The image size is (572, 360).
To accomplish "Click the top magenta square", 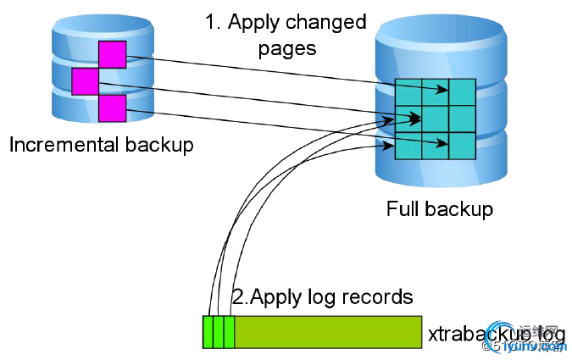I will point(112,54).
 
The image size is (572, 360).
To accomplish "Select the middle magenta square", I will point(85,81).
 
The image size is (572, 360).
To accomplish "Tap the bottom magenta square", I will point(112,108).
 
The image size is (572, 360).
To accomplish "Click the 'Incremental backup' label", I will point(101,145).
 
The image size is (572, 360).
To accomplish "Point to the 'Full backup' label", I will point(439,208).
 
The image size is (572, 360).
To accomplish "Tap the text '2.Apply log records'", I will point(322,297).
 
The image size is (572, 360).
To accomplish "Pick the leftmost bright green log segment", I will point(208,331).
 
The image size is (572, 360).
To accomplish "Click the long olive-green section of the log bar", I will point(327,331).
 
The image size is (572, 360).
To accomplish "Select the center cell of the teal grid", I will point(436,119).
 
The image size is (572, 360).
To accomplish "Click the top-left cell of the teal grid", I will point(409,91).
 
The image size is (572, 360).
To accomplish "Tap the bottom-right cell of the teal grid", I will point(462,145).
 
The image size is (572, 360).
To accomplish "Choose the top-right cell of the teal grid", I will point(462,91).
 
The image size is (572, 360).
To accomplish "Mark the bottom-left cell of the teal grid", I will point(409,145).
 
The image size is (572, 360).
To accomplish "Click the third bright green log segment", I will point(229,331).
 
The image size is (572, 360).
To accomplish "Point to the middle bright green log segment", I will point(219,331).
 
